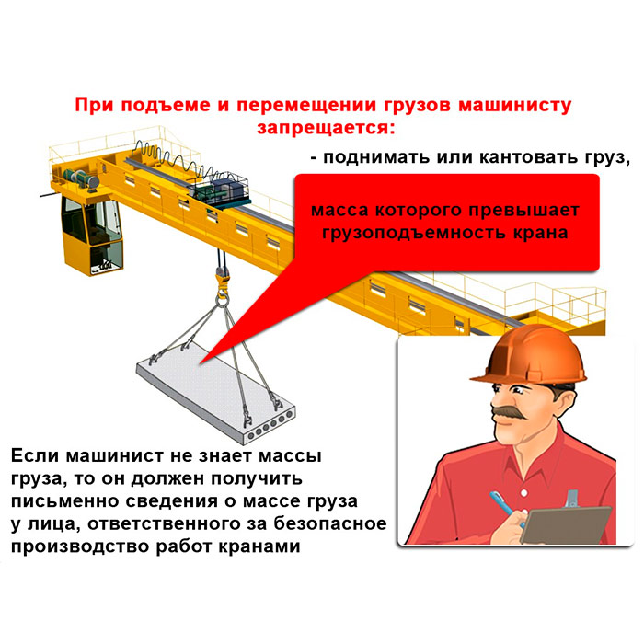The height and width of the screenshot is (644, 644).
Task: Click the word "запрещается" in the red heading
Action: [325, 128]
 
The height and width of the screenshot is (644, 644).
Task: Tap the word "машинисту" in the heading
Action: [514, 106]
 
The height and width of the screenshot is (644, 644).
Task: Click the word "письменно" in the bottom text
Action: [63, 501]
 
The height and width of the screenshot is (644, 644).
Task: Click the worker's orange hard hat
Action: [529, 355]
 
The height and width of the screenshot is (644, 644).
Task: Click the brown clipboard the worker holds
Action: [565, 525]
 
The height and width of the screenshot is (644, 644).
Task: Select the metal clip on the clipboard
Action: [571, 499]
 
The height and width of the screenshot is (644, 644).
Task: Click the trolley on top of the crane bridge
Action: [219, 190]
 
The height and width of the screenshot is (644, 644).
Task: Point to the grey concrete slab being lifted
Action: [215, 395]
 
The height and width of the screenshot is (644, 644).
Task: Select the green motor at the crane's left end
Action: [81, 179]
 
